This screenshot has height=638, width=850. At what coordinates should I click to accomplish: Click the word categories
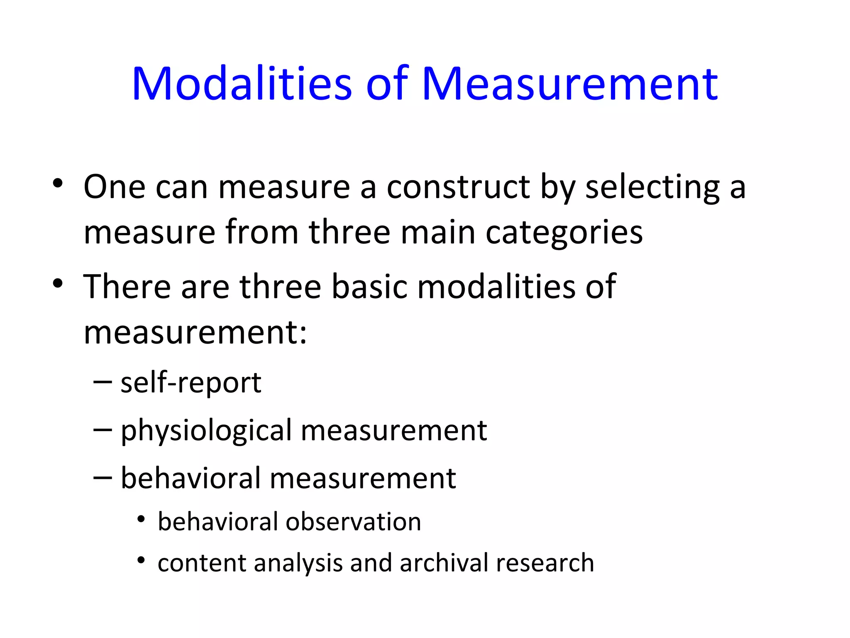click(564, 233)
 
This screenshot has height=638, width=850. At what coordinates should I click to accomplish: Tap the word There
click(127, 286)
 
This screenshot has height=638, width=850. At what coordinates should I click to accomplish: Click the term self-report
click(191, 383)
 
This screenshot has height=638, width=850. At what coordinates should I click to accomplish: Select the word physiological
click(206, 431)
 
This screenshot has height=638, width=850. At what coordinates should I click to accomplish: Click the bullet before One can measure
click(58, 183)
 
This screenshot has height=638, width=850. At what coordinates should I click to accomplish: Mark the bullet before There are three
click(58, 283)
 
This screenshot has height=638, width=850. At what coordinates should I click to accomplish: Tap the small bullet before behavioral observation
click(142, 519)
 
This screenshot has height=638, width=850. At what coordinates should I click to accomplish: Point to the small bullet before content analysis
click(142, 561)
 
